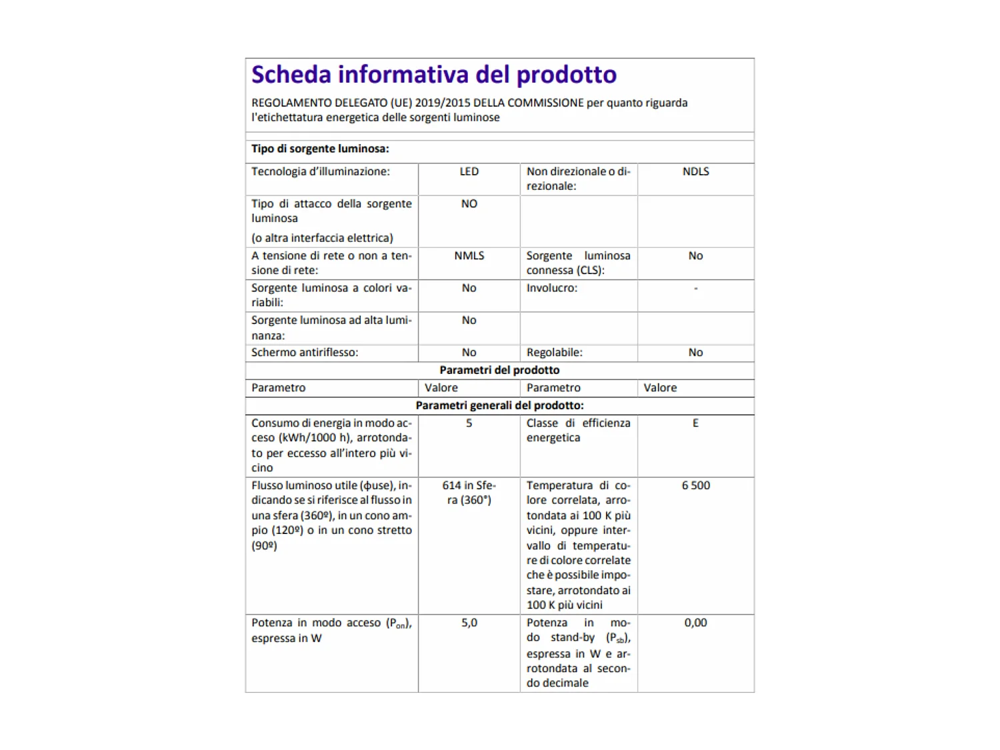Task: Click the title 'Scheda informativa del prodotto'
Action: pyautogui.click(x=433, y=75)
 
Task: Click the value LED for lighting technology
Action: pyautogui.click(x=469, y=171)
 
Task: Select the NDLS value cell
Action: pyautogui.click(x=695, y=171)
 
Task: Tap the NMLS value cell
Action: pyautogui.click(x=469, y=255)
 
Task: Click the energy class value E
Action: pyautogui.click(x=695, y=423)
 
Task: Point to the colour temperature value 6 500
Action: pyautogui.click(x=695, y=485)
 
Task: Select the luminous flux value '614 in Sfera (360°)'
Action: pyautogui.click(x=469, y=493)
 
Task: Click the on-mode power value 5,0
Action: pyautogui.click(x=469, y=623)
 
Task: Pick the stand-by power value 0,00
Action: pyautogui.click(x=695, y=623)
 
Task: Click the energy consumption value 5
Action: pyautogui.click(x=469, y=423)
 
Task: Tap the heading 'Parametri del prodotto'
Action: pyautogui.click(x=499, y=370)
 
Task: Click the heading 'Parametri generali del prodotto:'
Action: pyautogui.click(x=499, y=405)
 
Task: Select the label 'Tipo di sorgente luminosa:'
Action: pyautogui.click(x=320, y=149)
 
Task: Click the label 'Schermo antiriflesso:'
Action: pyautogui.click(x=305, y=352)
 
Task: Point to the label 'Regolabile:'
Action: pyautogui.click(x=554, y=352)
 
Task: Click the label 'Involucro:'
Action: pyautogui.click(x=552, y=288)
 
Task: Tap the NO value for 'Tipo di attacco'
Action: pyautogui.click(x=469, y=203)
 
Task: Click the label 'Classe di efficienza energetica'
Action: pyautogui.click(x=577, y=430)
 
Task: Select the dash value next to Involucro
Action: pyautogui.click(x=695, y=288)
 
